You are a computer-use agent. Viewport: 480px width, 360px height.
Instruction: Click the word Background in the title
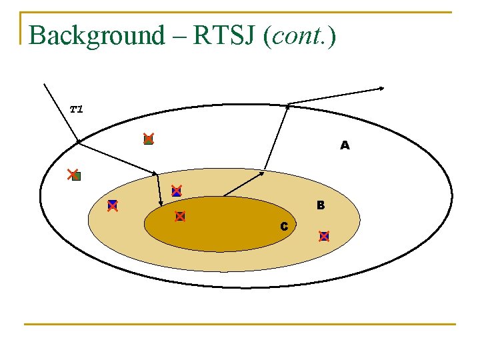point(97,35)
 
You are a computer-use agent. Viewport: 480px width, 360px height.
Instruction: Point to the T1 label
point(77,109)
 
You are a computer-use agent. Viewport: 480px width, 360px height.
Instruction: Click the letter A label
point(344,145)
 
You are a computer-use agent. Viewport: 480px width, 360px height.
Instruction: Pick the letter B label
point(321,205)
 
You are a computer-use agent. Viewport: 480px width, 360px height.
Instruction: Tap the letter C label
point(284,227)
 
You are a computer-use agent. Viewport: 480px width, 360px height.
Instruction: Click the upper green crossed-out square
point(148,139)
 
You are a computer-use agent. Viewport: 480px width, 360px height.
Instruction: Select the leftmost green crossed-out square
point(74,175)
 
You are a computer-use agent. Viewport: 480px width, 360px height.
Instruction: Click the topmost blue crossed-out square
point(176,191)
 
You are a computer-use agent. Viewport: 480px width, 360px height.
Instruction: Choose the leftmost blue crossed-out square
point(113,205)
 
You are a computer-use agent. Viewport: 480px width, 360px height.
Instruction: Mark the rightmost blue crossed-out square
point(324,235)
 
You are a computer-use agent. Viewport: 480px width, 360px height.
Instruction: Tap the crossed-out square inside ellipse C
point(179,216)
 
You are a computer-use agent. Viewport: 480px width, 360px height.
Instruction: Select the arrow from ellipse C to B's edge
point(243,183)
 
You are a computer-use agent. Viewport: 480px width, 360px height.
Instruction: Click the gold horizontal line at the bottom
point(240,325)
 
